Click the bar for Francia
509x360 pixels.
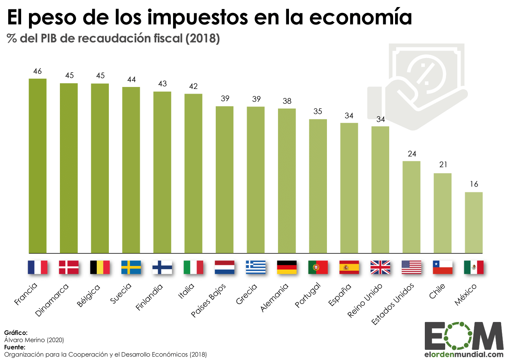pyautogui.click(x=38, y=166)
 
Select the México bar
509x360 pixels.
pyautogui.click(x=474, y=223)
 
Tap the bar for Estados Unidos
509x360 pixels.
pyautogui.click(x=412, y=207)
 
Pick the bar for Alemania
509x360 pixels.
pyautogui.click(x=287, y=181)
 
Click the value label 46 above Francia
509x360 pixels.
pyautogui.click(x=38, y=71)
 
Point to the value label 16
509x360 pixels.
pyautogui.click(x=474, y=184)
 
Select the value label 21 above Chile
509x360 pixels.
pyautogui.click(x=443, y=165)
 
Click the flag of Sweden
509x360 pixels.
pyautogui.click(x=131, y=267)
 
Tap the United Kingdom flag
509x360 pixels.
pyautogui.click(x=380, y=267)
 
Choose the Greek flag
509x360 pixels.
pyautogui.click(x=256, y=267)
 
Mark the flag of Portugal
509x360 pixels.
pyautogui.click(x=318, y=267)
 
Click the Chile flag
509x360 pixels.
pyautogui.click(x=442, y=267)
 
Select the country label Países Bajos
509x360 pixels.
pyautogui.click(x=208, y=300)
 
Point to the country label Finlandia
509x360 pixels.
pyautogui.click(x=149, y=297)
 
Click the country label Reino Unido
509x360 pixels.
pyautogui.click(x=365, y=300)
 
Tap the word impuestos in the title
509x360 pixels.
pyautogui.click(x=197, y=18)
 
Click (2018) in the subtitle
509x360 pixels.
pyautogui.click(x=203, y=38)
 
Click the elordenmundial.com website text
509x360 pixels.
pyautogui.click(x=464, y=354)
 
